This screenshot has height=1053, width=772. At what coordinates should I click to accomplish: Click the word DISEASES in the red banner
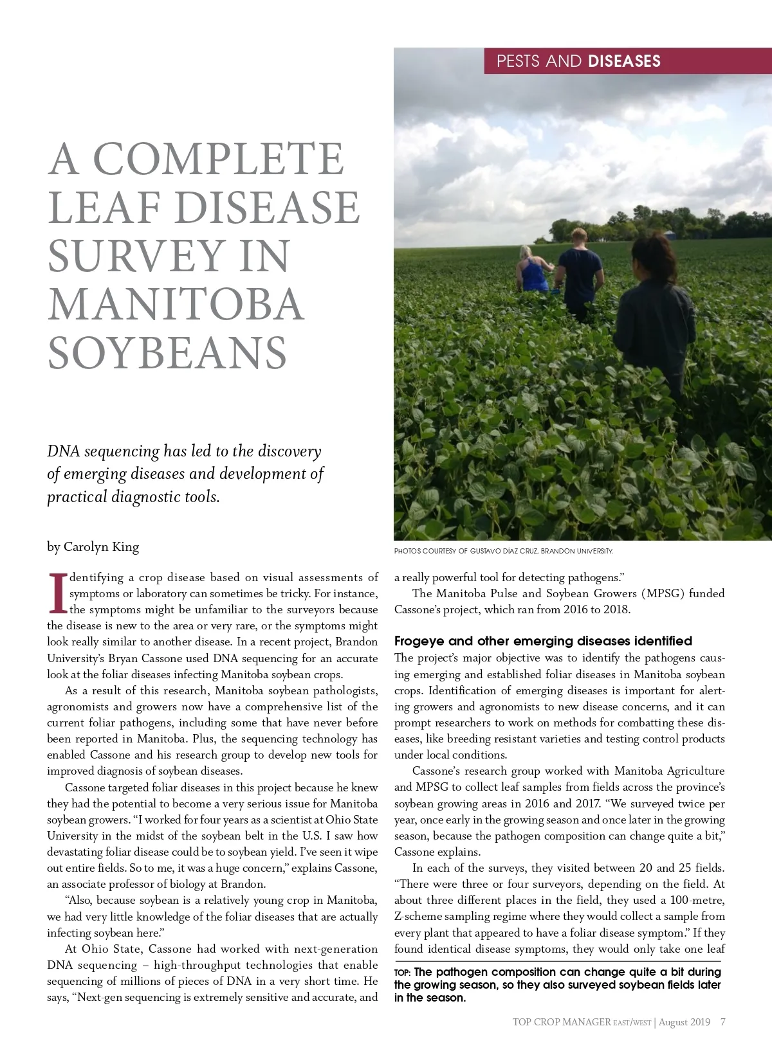tap(624, 61)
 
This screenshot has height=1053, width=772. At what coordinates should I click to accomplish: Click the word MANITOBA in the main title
tap(176, 304)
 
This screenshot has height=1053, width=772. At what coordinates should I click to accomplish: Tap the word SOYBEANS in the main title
tap(167, 353)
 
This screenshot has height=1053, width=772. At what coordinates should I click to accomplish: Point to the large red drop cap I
tap(57, 593)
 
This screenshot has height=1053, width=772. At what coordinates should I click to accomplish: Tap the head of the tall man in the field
tap(578, 236)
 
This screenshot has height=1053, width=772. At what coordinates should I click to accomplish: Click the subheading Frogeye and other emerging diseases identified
tap(543, 641)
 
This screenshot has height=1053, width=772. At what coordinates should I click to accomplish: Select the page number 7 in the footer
tap(723, 1022)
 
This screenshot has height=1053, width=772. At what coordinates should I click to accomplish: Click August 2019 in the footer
tap(685, 1022)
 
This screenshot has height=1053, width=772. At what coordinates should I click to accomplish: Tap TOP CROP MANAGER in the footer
tap(561, 1022)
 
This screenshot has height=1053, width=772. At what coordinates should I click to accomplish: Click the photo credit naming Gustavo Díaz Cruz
tap(503, 551)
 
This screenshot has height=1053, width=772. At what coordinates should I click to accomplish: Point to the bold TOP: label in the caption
tap(403, 973)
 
